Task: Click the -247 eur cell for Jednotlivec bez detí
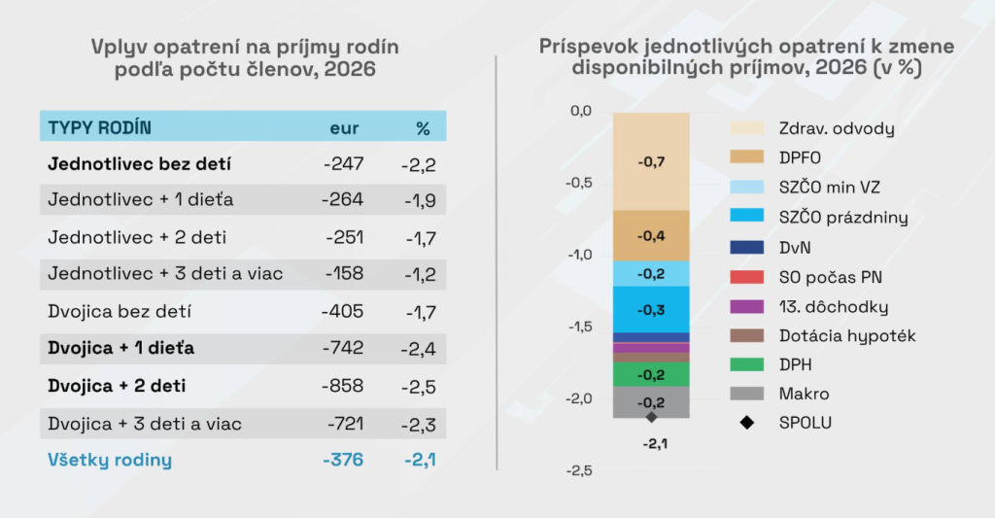(343, 163)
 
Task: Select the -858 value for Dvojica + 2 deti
(343, 386)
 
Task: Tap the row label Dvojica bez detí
(120, 312)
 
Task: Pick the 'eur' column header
(344, 127)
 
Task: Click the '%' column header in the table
(423, 127)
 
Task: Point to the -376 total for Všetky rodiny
(343, 460)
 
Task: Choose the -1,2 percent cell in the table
(419, 274)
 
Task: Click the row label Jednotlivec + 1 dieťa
(141, 200)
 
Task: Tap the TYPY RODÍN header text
(100, 127)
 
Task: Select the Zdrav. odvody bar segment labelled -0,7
(651, 161)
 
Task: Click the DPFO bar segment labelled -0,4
(651, 236)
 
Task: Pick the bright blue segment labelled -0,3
(651, 310)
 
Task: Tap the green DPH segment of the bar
(651, 374)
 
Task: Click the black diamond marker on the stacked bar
(651, 417)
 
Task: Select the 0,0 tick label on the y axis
(580, 111)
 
